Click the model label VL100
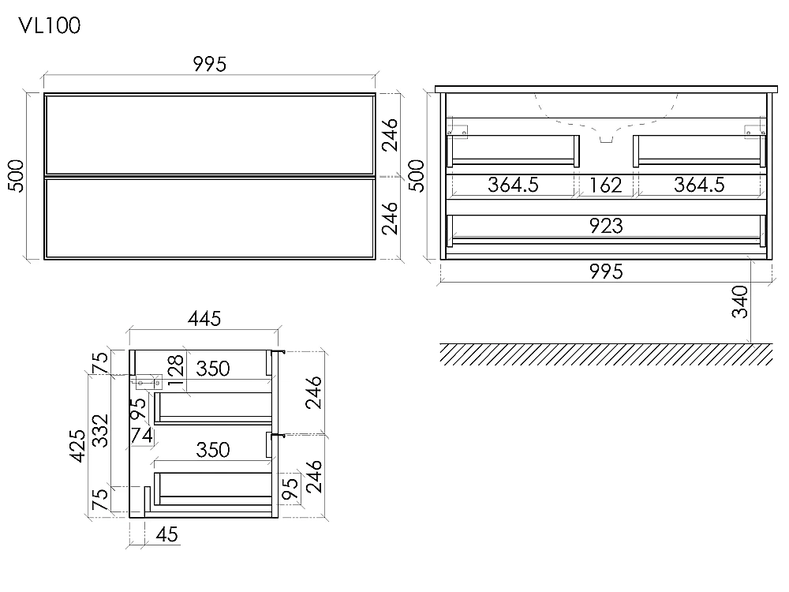(x=50, y=25)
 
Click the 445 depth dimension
(x=204, y=319)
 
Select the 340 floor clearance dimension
(x=740, y=302)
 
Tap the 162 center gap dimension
(x=605, y=185)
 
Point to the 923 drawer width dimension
(x=606, y=226)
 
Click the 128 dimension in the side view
(x=176, y=370)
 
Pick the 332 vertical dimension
(x=101, y=430)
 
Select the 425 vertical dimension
(x=77, y=445)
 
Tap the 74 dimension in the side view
(x=141, y=436)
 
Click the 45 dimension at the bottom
(x=167, y=534)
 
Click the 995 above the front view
(x=210, y=65)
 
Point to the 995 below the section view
(x=606, y=272)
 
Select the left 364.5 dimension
(x=514, y=185)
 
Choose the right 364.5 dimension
(x=699, y=185)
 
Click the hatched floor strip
(x=606, y=354)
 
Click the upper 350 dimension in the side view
(x=213, y=369)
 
